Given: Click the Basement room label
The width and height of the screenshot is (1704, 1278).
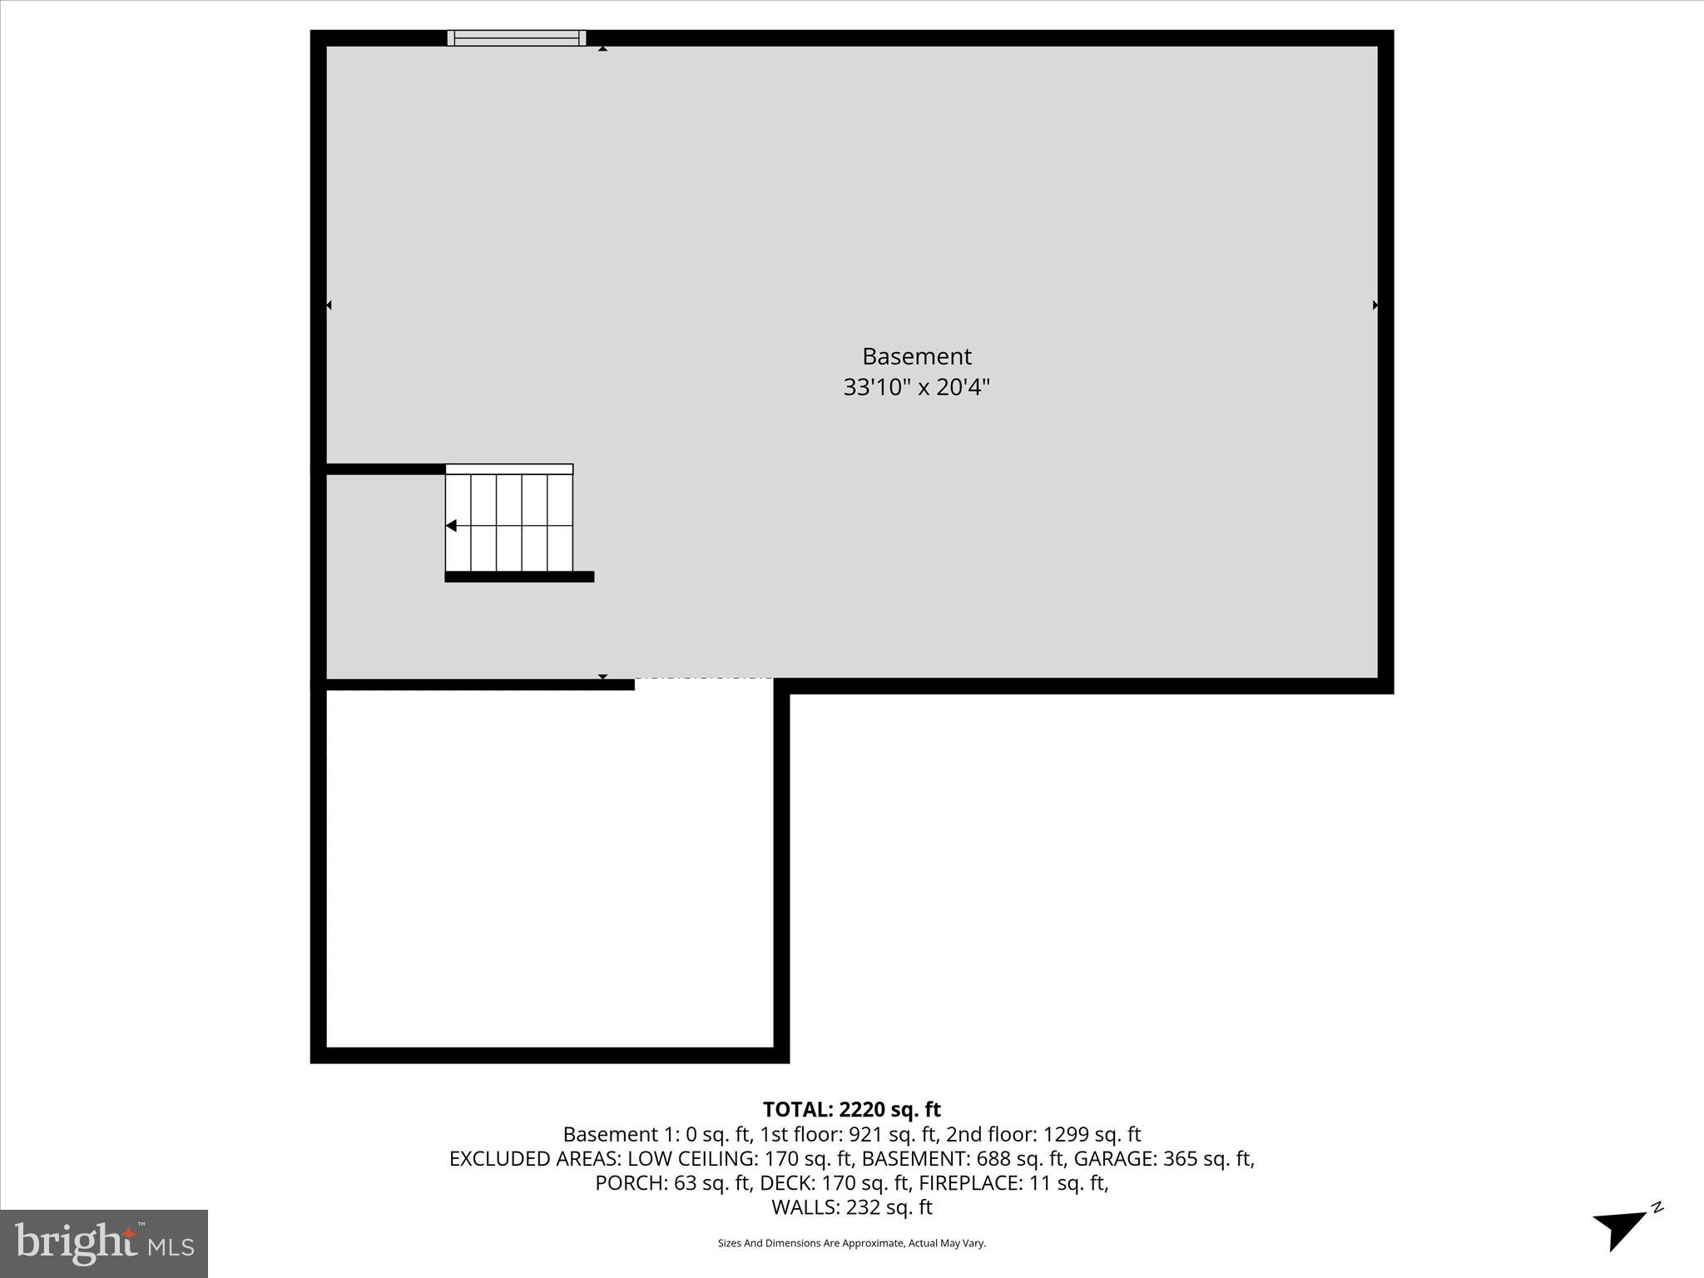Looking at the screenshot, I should coord(916,357).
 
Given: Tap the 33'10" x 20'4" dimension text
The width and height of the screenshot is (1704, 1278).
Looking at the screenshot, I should coord(916,388).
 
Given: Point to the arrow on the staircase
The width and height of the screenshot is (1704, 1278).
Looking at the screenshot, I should coord(451,526).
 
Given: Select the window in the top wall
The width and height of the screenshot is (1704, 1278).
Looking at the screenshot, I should coord(517,38).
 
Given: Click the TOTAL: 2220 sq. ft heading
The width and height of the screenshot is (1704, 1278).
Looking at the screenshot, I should coord(851,1109).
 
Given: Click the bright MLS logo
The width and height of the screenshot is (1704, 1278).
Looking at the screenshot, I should coord(104,1243).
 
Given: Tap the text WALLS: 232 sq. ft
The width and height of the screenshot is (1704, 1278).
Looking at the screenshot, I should coord(851,1206).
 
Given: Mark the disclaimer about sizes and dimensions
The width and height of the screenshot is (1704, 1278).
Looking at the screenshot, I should coord(851,1243).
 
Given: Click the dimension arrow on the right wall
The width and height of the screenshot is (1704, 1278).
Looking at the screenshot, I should coord(1375,305).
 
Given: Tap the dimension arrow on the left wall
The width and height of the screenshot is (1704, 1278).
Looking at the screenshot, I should coord(329,305).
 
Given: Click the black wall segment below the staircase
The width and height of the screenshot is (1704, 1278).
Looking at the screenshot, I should coord(519,577).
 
